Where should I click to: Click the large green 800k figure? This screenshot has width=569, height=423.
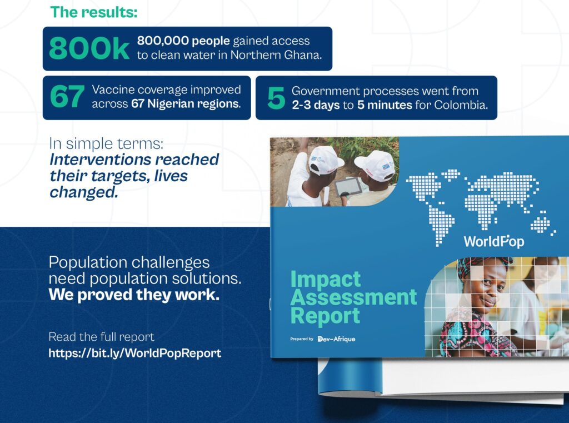[89, 48]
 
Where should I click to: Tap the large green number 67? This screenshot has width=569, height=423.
[67, 97]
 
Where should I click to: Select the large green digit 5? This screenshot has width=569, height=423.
[276, 98]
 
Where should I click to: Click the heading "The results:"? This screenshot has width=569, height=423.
[93, 12]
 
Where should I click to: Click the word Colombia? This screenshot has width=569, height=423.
[461, 105]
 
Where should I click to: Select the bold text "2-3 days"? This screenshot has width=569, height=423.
[316, 105]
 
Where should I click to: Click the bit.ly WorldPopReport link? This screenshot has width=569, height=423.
[134, 354]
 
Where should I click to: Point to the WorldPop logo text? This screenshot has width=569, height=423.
[494, 241]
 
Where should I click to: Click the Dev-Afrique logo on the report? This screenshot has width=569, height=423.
[336, 339]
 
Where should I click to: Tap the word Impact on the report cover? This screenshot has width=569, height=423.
[326, 279]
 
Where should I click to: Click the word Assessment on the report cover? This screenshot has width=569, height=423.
[354, 297]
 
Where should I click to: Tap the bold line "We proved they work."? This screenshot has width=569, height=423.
[134, 295]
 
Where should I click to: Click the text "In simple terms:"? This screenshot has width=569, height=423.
[106, 144]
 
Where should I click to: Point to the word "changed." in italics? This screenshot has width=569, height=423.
[84, 192]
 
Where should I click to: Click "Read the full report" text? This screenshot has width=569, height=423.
[102, 337]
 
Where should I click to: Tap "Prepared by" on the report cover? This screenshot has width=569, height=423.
[302, 339]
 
